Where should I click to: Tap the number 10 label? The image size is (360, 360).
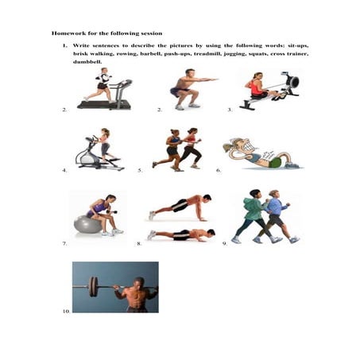coord(66,312)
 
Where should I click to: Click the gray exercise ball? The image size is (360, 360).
coord(87,225)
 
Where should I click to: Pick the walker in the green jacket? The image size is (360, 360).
coord(254,214)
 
